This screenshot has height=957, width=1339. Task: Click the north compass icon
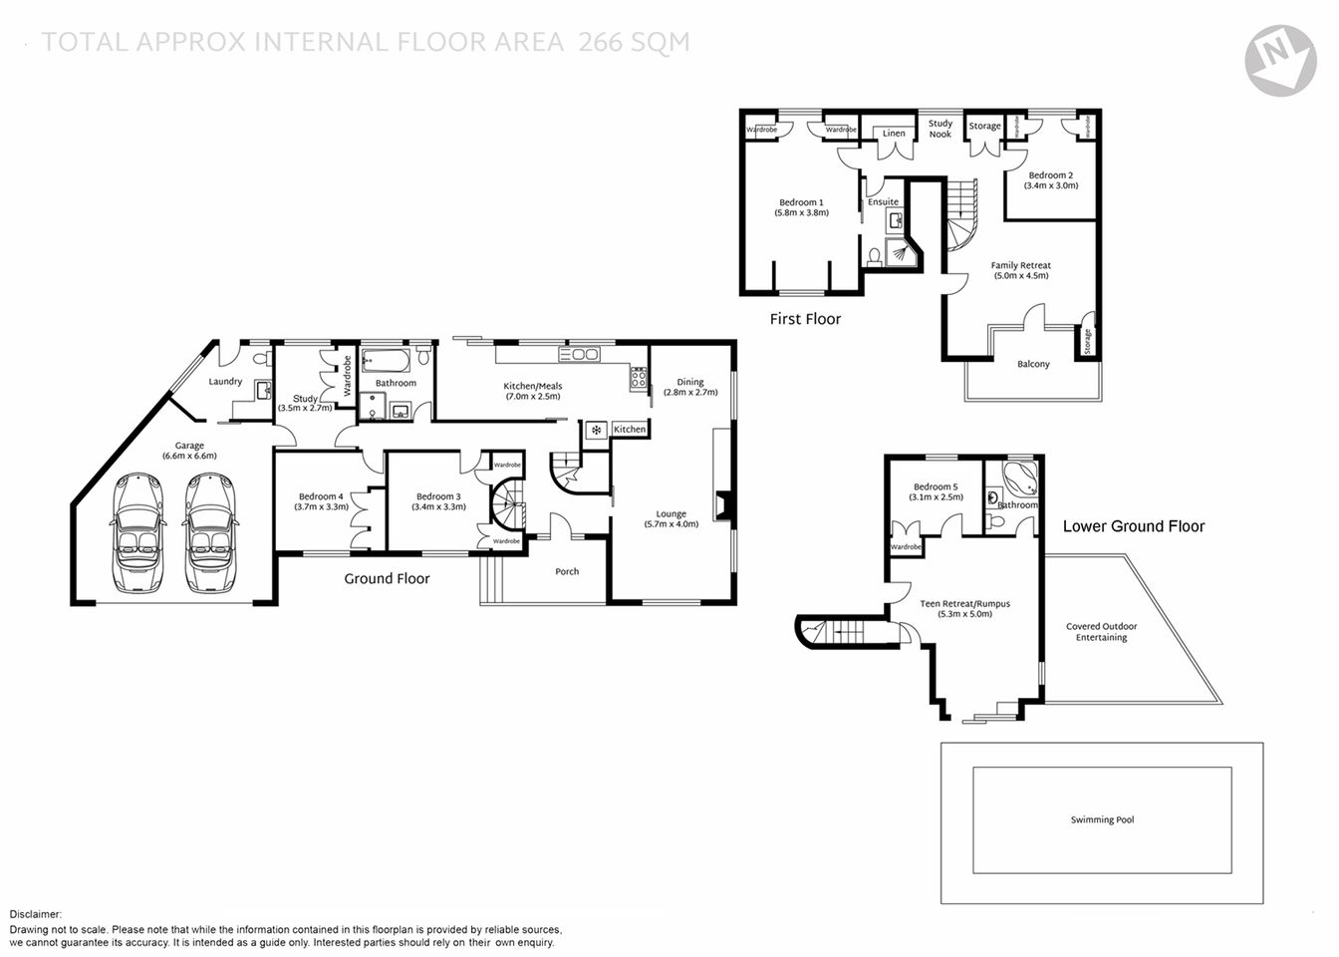tap(1280, 60)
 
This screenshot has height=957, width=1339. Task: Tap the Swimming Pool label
tap(1102, 820)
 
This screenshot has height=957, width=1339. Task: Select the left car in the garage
tap(138, 531)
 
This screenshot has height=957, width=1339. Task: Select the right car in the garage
tap(209, 531)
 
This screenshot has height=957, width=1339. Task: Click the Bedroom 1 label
tap(801, 202)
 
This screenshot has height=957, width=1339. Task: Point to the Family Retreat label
tap(1020, 265)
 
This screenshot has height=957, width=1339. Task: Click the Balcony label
tap(1033, 364)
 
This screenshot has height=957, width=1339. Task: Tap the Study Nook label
tap(940, 129)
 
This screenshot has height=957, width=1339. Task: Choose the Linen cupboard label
tap(894, 134)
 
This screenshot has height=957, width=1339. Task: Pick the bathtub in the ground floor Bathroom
tap(386, 361)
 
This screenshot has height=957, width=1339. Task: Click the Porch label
tap(567, 571)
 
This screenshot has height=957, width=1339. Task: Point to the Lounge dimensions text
tap(671, 524)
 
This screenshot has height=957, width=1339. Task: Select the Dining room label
tap(690, 382)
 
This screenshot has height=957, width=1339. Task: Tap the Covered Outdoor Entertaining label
tap(1101, 632)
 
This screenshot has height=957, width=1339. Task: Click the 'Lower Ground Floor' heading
tap(1134, 526)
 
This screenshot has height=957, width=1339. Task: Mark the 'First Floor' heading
tap(805, 319)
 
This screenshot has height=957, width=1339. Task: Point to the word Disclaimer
tap(36, 914)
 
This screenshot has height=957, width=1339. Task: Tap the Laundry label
tap(225, 381)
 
